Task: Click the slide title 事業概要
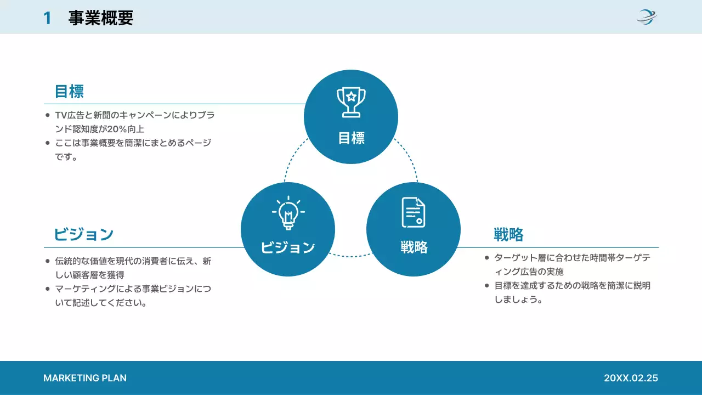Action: coord(101,18)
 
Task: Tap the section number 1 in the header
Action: coord(47,18)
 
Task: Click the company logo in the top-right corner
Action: coord(647,17)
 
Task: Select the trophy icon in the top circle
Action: coord(351,102)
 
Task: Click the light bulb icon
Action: coord(288,212)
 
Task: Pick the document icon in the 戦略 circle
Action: coord(414,212)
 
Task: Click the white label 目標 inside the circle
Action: coord(351,138)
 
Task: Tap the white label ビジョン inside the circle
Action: coord(288,247)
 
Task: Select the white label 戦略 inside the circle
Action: coord(414,247)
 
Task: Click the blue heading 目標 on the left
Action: coord(69,91)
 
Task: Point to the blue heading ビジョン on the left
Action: coord(84,235)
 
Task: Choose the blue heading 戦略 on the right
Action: coord(508,235)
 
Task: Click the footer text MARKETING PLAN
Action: coord(85,378)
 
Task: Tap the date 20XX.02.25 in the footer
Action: coord(631,378)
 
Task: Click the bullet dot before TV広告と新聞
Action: coord(48,116)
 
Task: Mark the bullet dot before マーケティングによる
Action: coord(48,289)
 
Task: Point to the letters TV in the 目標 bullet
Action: coord(60,116)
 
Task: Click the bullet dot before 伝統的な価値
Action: coord(48,262)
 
